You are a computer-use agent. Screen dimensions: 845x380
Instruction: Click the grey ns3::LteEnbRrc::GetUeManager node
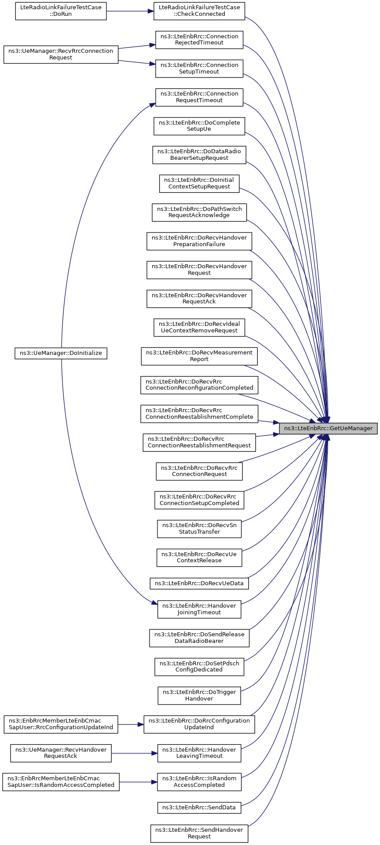[x=328, y=428]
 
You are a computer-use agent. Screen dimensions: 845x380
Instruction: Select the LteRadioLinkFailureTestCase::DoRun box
[x=61, y=11]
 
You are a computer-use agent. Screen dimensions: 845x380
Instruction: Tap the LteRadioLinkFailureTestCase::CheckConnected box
[x=199, y=11]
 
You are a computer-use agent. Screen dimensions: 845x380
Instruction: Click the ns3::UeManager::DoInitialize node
[x=61, y=353]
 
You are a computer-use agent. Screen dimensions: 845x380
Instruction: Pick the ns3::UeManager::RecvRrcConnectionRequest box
[x=61, y=55]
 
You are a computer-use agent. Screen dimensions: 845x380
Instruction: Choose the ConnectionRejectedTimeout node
[x=199, y=40]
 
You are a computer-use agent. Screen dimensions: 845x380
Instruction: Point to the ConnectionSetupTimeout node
[x=199, y=68]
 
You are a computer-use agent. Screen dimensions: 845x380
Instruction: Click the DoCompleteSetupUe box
[x=199, y=126]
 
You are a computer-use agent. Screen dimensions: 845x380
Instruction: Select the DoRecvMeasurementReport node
[x=199, y=356]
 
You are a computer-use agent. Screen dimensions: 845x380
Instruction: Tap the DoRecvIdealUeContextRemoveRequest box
[x=199, y=327]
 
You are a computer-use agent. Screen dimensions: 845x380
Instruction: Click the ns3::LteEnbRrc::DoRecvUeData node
[x=199, y=583]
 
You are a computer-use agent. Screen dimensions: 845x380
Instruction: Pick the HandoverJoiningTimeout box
[x=199, y=609]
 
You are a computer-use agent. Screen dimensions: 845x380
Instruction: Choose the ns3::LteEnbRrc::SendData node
[x=199, y=808]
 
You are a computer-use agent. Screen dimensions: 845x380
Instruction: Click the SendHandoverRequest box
[x=199, y=833]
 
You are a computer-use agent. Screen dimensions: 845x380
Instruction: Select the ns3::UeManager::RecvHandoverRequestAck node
[x=61, y=753]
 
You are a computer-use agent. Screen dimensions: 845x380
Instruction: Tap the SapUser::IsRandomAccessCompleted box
[x=61, y=782]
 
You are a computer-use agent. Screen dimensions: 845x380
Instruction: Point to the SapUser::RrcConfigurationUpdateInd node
[x=61, y=724]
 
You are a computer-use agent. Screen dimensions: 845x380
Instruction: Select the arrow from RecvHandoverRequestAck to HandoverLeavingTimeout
[x=134, y=753]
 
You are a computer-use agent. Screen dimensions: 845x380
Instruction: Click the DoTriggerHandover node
[x=199, y=695]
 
